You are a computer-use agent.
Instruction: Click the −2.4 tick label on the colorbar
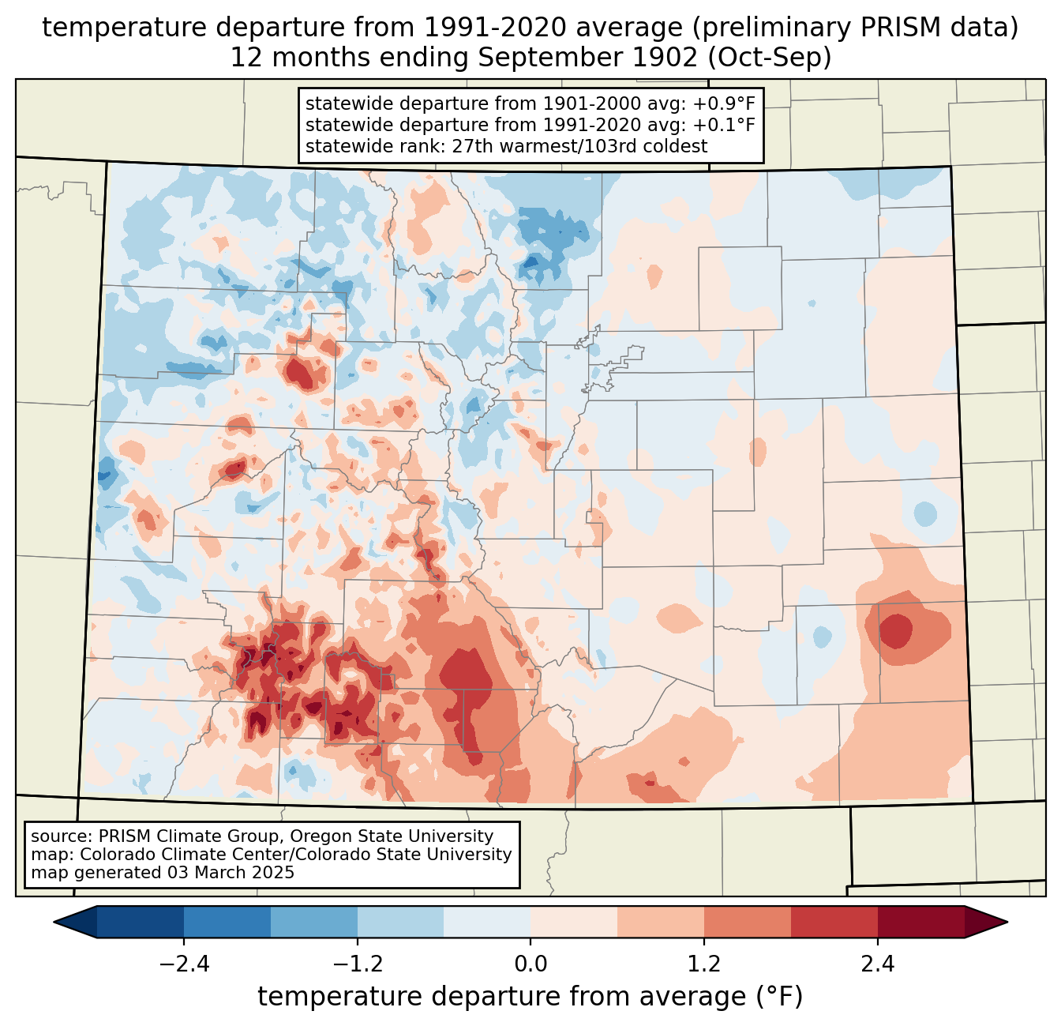184,964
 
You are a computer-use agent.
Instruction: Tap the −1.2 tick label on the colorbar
358,964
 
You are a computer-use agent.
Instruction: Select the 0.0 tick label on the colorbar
530,964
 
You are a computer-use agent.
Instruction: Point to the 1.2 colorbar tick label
704,964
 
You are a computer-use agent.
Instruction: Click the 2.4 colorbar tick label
877,964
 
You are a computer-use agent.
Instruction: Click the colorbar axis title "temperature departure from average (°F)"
530,997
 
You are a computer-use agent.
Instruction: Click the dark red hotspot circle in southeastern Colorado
896,631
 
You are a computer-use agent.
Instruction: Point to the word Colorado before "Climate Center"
111,855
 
